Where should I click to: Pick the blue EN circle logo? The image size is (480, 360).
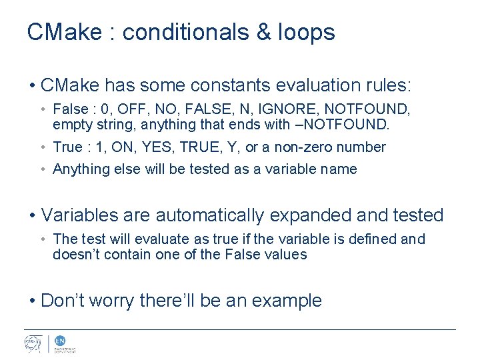[x=59, y=340]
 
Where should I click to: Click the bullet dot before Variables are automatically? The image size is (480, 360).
[x=32, y=215]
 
